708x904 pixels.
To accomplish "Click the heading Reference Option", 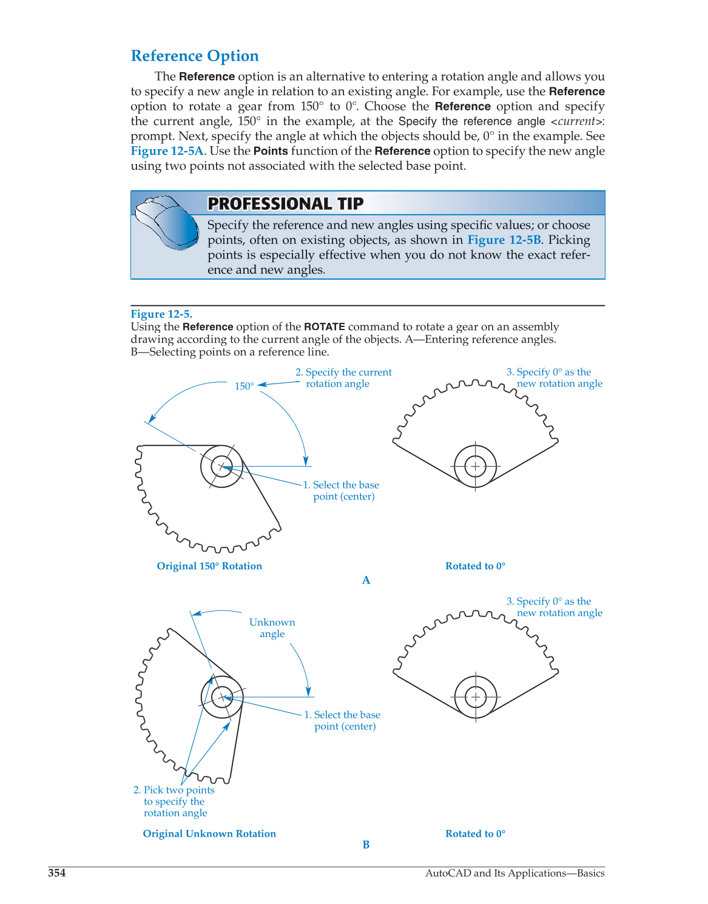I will coord(195,56).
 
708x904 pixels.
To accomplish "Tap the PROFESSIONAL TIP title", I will coord(285,204).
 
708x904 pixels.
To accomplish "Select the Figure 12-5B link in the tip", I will coord(504,240).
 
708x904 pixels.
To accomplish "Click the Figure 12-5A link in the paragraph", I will coord(167,151).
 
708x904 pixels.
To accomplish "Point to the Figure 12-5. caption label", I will coord(161,314).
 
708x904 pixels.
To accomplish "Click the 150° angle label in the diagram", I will coord(244,386).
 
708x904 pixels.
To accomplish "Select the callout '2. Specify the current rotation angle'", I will coord(343,378).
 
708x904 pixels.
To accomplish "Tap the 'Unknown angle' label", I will coord(272,628).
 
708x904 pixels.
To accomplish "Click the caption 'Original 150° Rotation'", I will coord(209,566).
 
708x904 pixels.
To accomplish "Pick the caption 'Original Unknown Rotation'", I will coord(209,834).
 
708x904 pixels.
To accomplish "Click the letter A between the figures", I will coord(366,580).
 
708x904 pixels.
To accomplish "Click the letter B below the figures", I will coord(366,845).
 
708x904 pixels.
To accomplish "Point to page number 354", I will coord(57,873).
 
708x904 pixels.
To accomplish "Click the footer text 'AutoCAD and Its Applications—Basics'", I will coord(514,873).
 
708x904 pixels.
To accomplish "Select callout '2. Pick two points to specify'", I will coord(174,801).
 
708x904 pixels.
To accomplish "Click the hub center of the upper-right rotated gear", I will coord(476,466).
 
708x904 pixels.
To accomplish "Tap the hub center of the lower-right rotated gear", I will coord(476,697).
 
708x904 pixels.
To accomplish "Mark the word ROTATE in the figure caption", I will coord(324,326).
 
